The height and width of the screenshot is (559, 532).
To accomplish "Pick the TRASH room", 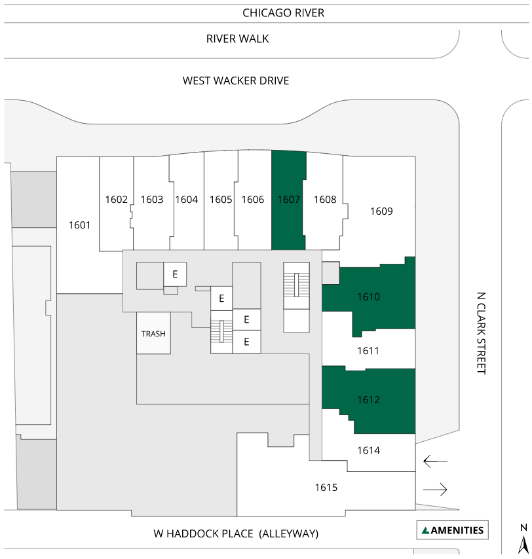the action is [153, 333].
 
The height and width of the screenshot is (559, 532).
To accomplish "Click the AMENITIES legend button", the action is [453, 530].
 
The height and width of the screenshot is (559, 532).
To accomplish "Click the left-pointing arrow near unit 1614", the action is [435, 461].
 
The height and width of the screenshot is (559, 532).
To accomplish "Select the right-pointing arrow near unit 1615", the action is [435, 490].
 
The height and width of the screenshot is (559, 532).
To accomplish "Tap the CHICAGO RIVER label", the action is [283, 13].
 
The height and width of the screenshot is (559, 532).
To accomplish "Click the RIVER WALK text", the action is [238, 39].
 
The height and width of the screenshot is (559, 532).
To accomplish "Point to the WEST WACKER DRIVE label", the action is [236, 81].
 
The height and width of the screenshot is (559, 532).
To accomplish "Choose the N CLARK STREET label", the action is [482, 333].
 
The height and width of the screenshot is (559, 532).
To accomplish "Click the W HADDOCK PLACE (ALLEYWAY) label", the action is [236, 533].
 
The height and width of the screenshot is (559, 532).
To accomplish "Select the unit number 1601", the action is [79, 225].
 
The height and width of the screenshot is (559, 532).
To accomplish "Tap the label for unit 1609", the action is [381, 211].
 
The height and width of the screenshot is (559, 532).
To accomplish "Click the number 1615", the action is [326, 488].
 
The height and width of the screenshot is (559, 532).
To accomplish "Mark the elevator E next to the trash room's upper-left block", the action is [175, 274].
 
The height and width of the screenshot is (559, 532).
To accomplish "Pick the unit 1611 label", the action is [368, 351].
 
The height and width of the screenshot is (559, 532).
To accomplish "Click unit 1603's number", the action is [151, 199].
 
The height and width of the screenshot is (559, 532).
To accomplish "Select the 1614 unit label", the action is [369, 450].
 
